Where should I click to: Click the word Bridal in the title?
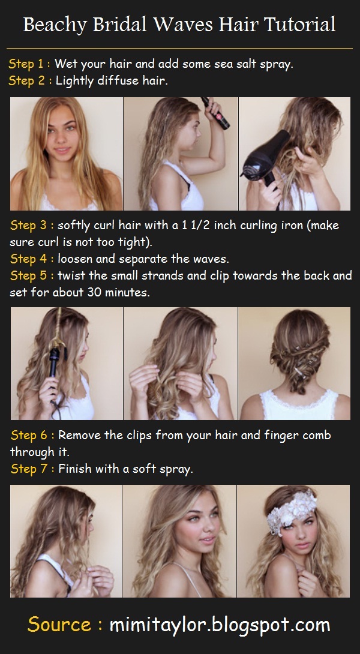119,25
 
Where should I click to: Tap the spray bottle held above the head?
215,112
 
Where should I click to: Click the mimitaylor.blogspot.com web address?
220,625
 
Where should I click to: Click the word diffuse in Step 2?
120,80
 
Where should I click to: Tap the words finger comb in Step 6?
298,436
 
